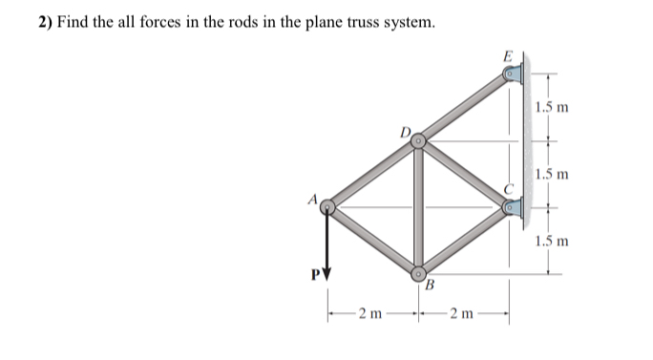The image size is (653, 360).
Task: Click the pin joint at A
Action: (x=328, y=206)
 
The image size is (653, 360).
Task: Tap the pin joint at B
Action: (x=419, y=271)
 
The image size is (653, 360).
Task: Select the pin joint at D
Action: (x=418, y=141)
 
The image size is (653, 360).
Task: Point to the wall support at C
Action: (x=513, y=204)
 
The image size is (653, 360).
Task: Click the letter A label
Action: (x=310, y=199)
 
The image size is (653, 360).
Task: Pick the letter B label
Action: (x=430, y=285)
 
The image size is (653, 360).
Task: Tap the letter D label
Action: (x=405, y=130)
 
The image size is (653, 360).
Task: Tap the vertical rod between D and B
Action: (x=418, y=206)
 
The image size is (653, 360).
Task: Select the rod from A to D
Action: (x=373, y=174)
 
